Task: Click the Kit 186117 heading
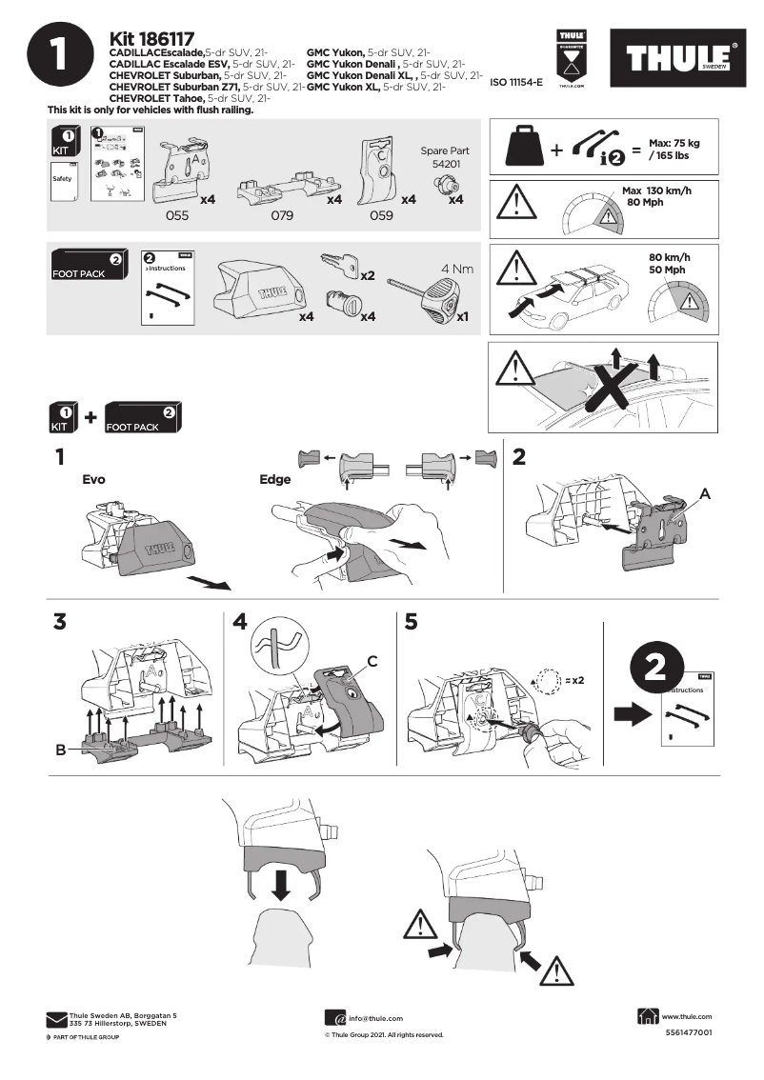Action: (152, 38)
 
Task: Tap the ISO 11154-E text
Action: (515, 83)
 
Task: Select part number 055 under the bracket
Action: (177, 216)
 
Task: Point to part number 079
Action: (281, 216)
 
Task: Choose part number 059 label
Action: (381, 216)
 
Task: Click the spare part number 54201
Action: (445, 164)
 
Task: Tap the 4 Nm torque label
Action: (456, 269)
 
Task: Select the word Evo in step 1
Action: (93, 480)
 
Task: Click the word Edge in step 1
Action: (274, 480)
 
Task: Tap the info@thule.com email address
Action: (375, 1018)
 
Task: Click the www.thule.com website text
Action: (686, 1016)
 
